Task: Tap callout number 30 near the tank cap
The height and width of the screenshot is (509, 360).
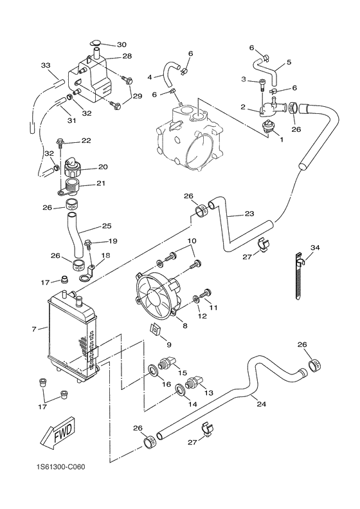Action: pyautogui.click(x=122, y=44)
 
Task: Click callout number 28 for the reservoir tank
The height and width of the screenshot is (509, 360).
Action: pyautogui.click(x=127, y=57)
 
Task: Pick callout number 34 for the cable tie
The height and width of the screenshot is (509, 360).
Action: pyautogui.click(x=315, y=247)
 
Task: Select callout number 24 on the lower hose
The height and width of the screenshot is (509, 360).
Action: pyautogui.click(x=261, y=403)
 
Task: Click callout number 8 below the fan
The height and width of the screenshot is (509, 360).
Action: pyautogui.click(x=185, y=326)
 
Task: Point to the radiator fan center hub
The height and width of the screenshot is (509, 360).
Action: pyautogui.click(x=156, y=296)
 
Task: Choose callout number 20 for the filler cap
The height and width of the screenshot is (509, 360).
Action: pyautogui.click(x=103, y=167)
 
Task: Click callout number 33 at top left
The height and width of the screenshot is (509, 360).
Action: pyautogui.click(x=45, y=66)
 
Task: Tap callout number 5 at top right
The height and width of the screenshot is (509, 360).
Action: pyautogui.click(x=289, y=62)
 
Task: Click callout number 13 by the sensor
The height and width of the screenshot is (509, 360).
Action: pyautogui.click(x=208, y=392)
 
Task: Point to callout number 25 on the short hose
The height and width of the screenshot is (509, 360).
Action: pyautogui.click(x=106, y=226)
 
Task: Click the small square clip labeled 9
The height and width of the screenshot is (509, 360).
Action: pyautogui.click(x=154, y=331)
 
